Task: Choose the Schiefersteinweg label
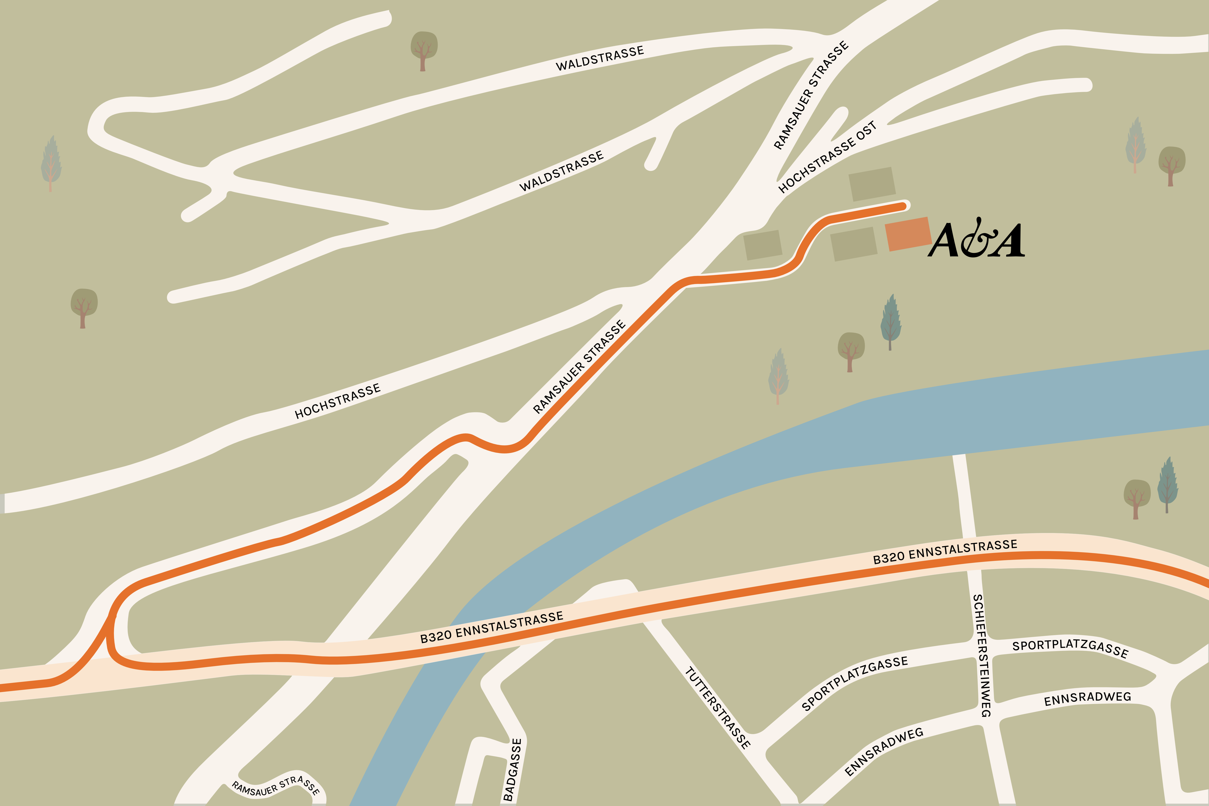982,655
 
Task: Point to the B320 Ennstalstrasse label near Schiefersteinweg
945,552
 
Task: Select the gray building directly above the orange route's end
872,184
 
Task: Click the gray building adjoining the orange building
853,244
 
